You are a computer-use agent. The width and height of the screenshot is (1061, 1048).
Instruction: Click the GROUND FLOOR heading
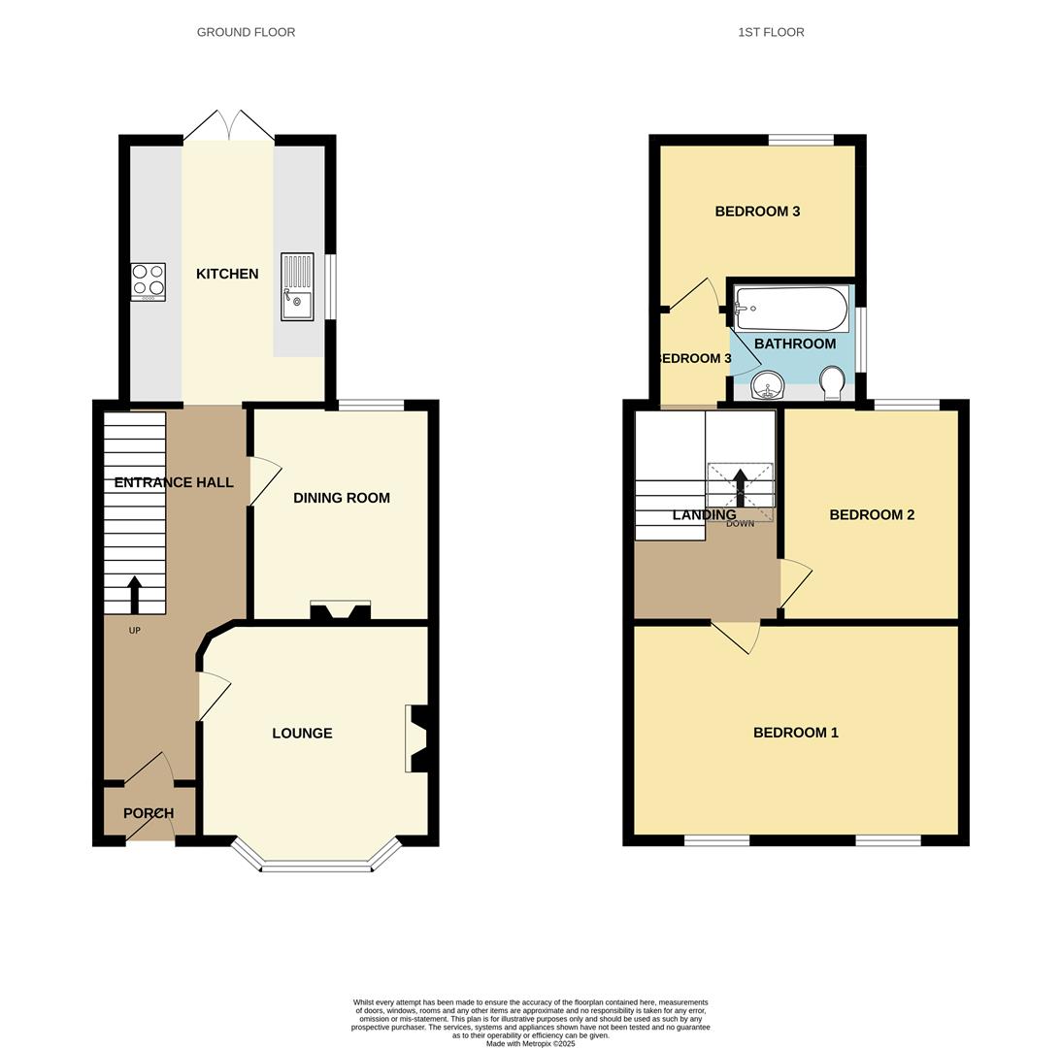click(246, 32)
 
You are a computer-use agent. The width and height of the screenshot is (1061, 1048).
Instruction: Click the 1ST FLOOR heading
click(771, 32)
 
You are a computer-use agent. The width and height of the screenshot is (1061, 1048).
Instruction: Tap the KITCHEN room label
click(227, 274)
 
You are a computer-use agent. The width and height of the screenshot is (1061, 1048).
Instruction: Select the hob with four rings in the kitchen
click(149, 281)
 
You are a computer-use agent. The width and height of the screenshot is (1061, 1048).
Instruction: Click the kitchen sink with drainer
click(297, 286)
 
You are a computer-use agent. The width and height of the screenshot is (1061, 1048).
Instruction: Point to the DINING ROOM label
click(342, 498)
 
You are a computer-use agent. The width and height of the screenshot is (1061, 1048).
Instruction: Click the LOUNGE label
click(302, 734)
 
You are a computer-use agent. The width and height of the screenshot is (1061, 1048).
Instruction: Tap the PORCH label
click(149, 813)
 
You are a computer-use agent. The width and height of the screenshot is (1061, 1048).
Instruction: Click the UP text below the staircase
click(135, 631)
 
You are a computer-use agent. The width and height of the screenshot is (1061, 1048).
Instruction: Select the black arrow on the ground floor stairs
click(134, 595)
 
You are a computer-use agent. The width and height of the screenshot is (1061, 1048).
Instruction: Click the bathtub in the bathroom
click(791, 309)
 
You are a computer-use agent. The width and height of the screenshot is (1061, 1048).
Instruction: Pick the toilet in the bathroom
click(832, 381)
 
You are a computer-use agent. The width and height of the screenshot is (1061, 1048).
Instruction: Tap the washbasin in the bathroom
click(768, 385)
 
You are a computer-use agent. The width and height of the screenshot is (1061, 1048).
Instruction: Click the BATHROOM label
click(795, 344)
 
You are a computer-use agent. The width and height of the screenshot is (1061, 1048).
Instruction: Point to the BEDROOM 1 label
click(796, 733)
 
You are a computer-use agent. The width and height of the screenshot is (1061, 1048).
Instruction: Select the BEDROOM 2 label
click(872, 515)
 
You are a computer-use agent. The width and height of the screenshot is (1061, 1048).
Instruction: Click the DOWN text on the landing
click(740, 524)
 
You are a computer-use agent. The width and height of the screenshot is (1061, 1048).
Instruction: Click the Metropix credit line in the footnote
click(530, 1044)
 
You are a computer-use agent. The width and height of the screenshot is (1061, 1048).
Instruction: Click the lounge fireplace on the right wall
click(418, 738)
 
